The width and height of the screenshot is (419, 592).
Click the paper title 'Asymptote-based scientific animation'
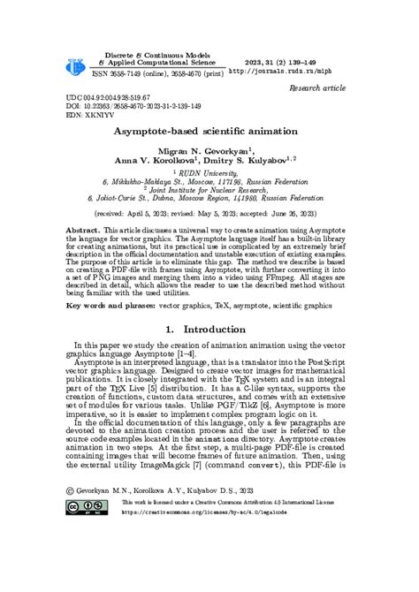tap(210, 131)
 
